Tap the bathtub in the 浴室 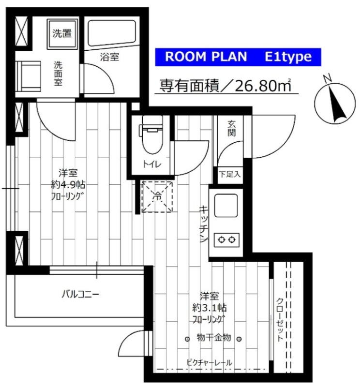point(112,33)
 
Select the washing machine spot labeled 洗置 point(62,33)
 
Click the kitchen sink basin point(226,205)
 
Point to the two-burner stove point(226,239)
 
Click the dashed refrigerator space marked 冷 point(157,197)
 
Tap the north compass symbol point(335,102)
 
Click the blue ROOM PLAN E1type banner point(238,57)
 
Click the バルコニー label point(80,294)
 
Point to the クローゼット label point(280,320)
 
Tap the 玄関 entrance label point(231,128)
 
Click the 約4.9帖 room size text point(68,184)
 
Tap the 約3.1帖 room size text point(210,308)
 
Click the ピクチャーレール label point(209,362)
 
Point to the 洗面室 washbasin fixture point(28,76)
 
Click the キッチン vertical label point(203,223)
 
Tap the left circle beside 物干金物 point(187,339)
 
